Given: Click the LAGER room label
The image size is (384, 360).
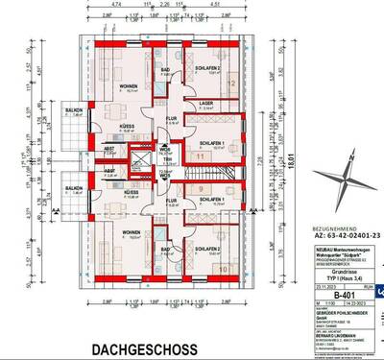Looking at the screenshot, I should coord(205,103).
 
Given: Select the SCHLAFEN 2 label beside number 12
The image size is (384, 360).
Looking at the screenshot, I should coord(208,69).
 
